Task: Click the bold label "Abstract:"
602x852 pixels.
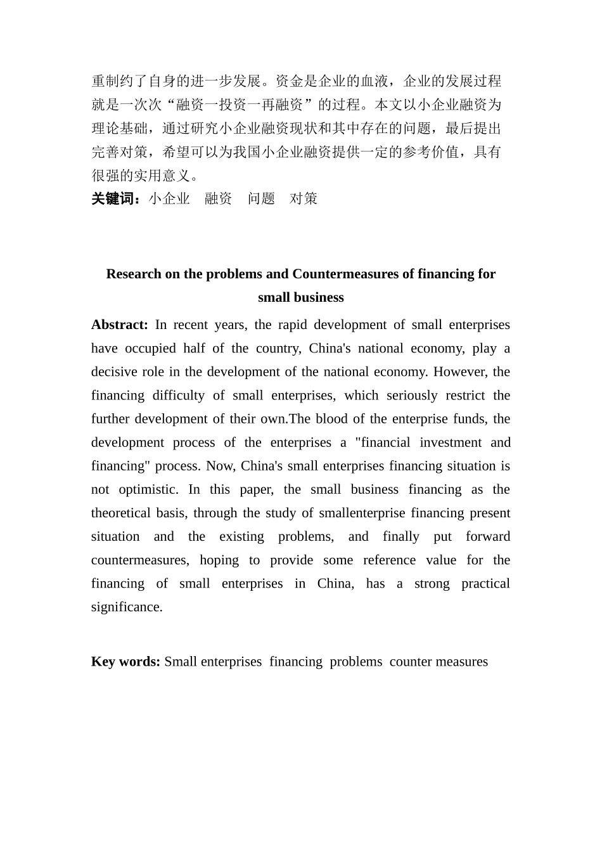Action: (119, 325)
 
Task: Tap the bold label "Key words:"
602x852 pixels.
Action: (125, 662)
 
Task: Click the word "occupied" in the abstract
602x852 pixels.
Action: (150, 349)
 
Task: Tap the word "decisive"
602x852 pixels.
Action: (115, 372)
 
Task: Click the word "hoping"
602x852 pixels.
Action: (219, 560)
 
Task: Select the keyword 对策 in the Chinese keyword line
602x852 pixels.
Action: (304, 199)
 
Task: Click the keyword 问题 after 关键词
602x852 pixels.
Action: (261, 199)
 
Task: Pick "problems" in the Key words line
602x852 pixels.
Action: (355, 662)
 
